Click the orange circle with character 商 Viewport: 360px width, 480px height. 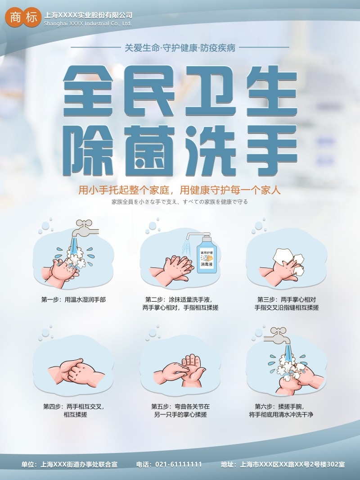tap(15, 18)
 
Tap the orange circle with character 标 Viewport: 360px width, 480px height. tap(31, 18)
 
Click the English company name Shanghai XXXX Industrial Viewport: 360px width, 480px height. tap(87, 23)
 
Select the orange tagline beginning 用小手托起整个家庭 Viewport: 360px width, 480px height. tap(180, 190)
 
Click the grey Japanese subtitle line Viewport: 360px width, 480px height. tap(180, 202)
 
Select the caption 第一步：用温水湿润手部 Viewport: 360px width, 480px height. tap(73, 299)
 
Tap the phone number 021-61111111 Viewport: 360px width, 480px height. tap(179, 464)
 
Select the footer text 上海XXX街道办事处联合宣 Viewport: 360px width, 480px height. tap(79, 464)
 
